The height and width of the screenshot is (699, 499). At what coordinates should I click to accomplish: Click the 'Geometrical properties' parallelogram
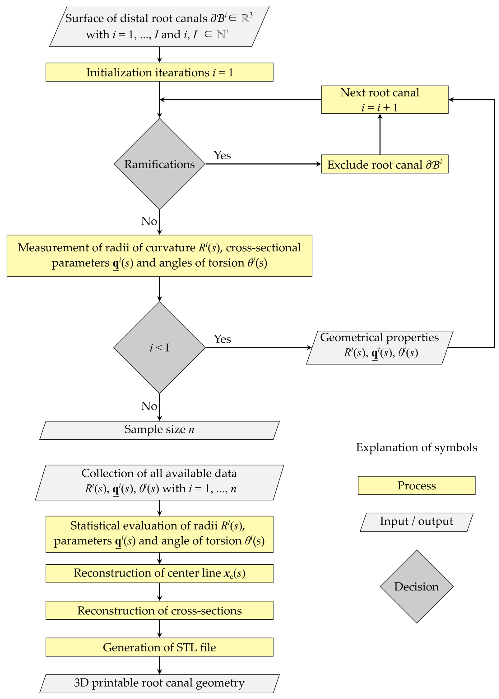pyautogui.click(x=380, y=347)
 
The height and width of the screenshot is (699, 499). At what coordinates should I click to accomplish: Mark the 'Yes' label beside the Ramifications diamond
pyautogui.click(x=222, y=155)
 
